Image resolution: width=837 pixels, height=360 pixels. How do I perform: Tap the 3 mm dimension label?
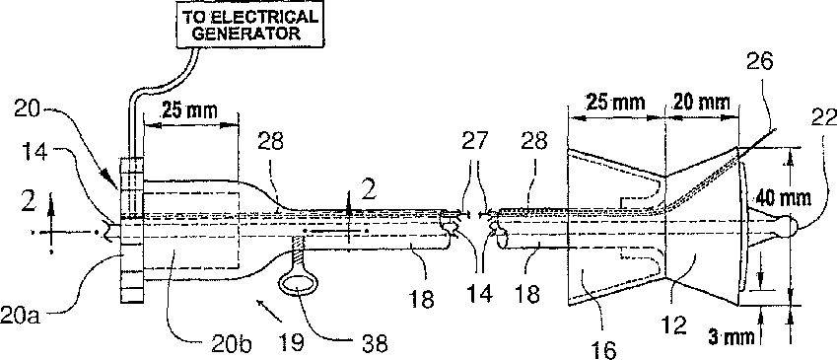(732, 336)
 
